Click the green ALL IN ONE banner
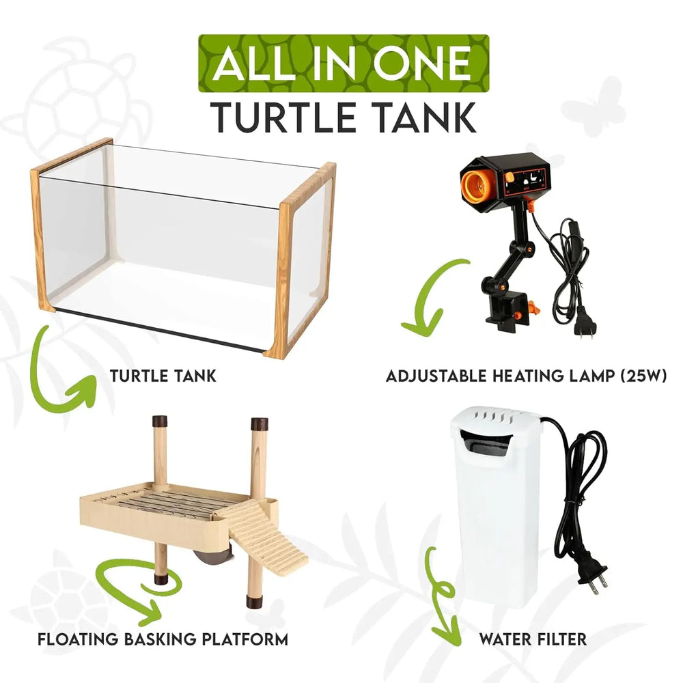[344, 64]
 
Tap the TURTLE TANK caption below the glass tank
[163, 375]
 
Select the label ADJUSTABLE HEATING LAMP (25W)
[526, 376]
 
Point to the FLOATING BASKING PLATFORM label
[163, 639]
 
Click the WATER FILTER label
[533, 639]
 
